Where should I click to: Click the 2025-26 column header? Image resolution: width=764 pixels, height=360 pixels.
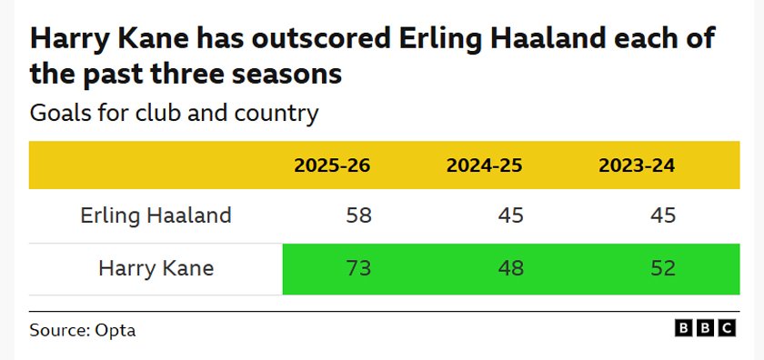click(x=332, y=165)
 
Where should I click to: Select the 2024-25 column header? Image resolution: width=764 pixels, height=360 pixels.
click(x=484, y=165)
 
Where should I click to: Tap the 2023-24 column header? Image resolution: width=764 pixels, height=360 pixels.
click(x=637, y=165)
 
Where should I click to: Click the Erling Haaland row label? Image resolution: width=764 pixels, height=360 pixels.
click(x=156, y=215)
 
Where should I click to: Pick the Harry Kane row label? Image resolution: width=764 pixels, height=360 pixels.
click(x=156, y=268)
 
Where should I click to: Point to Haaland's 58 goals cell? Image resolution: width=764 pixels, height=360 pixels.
click(x=358, y=215)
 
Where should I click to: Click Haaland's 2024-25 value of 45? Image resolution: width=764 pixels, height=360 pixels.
click(x=510, y=215)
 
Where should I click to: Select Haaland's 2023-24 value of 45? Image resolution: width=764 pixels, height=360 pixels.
click(x=663, y=215)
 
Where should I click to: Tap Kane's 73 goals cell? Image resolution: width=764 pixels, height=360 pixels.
click(x=358, y=268)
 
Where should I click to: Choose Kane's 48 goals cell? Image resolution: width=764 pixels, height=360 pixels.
click(x=510, y=268)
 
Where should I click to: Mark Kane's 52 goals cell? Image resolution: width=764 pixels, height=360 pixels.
click(x=663, y=268)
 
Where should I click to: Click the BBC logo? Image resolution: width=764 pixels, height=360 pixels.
click(x=706, y=328)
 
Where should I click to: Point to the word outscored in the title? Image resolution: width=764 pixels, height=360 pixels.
click(x=322, y=39)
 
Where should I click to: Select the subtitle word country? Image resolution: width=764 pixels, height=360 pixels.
click(x=276, y=114)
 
